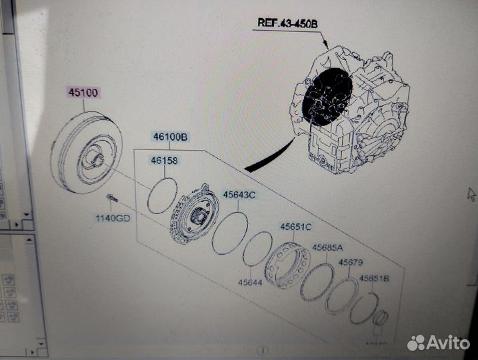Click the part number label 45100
pos(83,93)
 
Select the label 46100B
pos(170,138)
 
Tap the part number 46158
pos(165,161)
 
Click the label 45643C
pos(239,195)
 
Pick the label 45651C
pos(297,227)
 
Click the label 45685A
pos(328,248)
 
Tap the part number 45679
pos(350,263)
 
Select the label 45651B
pos(375,279)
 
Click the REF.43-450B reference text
pos(288,23)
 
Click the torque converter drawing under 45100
pos(86,157)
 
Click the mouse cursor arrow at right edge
pos(471,193)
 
